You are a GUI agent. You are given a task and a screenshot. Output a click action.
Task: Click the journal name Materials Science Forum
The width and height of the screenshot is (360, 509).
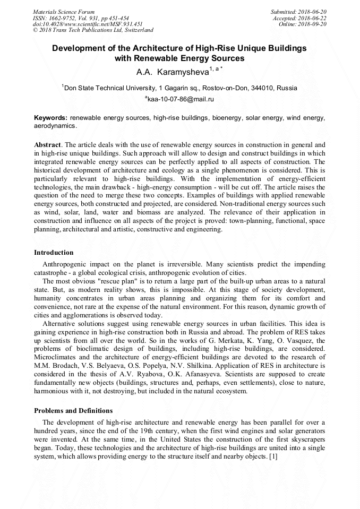(x=64, y=11)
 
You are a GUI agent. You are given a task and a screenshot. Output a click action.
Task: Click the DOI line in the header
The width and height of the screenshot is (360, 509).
(x=87, y=24)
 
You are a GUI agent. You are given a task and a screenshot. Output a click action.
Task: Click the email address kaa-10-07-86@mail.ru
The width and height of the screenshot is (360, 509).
(x=181, y=99)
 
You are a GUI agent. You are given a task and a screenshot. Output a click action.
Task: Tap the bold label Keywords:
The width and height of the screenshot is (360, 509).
(x=50, y=117)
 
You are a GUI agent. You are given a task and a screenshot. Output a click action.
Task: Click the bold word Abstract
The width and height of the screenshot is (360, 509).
(x=47, y=145)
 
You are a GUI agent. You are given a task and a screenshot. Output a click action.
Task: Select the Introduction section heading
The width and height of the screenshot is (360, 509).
(x=54, y=252)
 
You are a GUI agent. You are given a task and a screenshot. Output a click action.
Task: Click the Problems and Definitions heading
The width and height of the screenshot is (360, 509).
(x=73, y=410)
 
